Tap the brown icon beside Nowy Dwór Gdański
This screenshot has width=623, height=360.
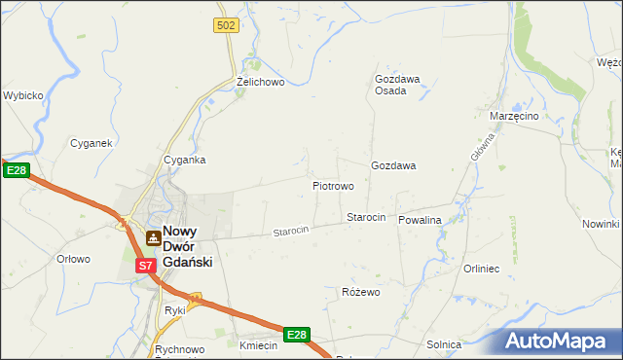[152, 237]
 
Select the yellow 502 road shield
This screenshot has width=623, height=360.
[226, 26]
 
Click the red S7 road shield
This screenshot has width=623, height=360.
[144, 265]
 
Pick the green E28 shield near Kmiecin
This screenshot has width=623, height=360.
[296, 335]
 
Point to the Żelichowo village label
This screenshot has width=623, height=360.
[260, 83]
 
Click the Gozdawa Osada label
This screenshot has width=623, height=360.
[397, 85]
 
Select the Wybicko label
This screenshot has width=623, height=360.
[23, 96]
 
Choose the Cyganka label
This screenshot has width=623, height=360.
[184, 160]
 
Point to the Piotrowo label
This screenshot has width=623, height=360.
[332, 185]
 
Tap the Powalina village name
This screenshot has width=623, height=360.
[420, 220]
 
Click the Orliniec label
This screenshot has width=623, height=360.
[481, 269]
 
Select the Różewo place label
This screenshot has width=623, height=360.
[360, 292]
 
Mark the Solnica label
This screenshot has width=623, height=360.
[444, 344]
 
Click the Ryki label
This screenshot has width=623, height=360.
[175, 310]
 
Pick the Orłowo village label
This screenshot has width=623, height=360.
[73, 259]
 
